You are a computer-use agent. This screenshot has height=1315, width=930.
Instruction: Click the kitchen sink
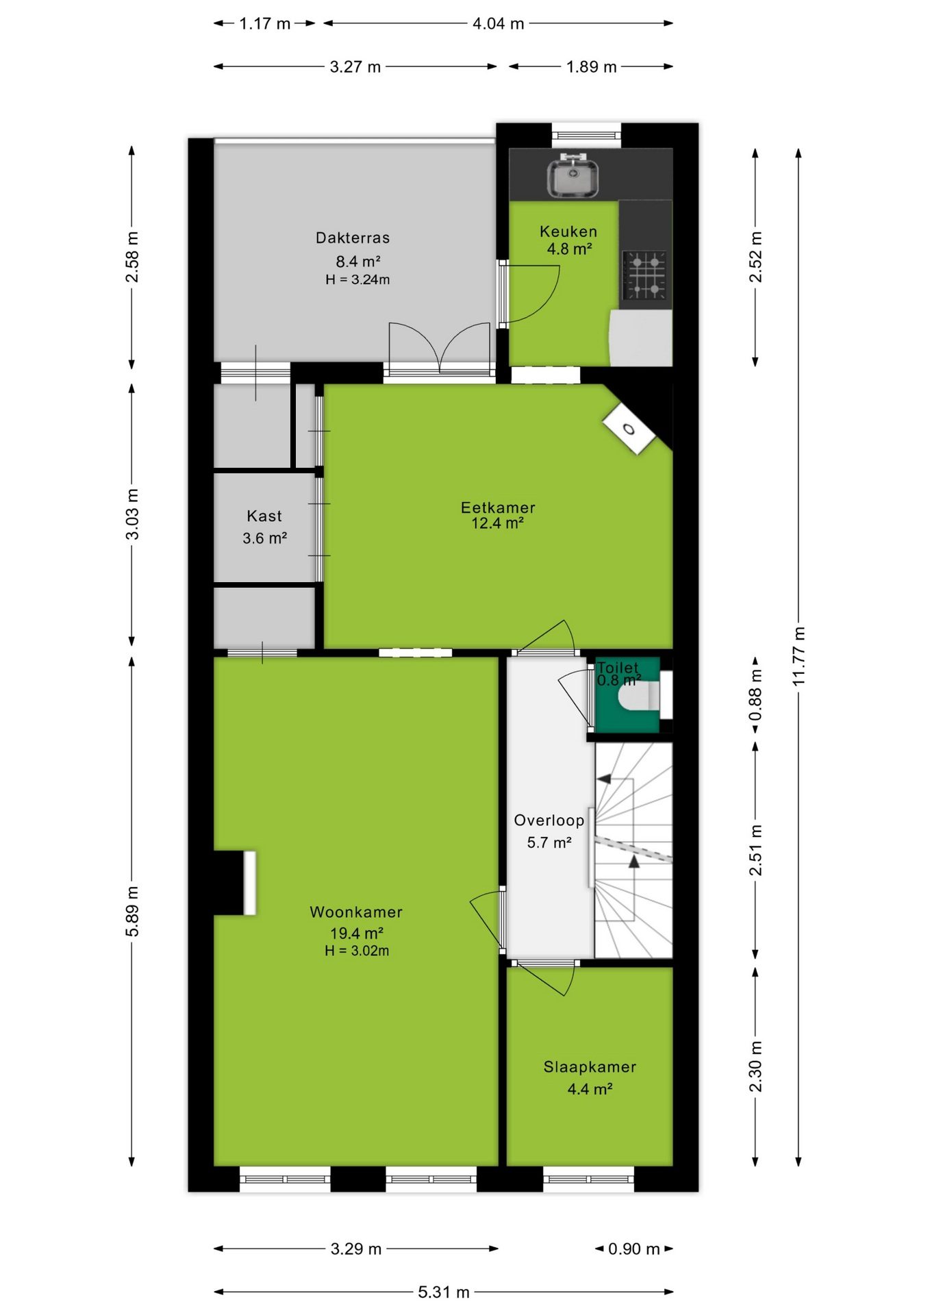pyautogui.click(x=573, y=176)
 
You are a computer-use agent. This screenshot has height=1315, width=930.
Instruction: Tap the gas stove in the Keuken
pyautogui.click(x=644, y=275)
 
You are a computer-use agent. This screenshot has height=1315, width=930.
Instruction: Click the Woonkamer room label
pyautogui.click(x=356, y=912)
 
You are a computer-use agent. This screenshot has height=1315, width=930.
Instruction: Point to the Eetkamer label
pyautogui.click(x=498, y=508)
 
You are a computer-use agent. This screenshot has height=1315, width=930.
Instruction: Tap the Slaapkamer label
pyautogui.click(x=590, y=1066)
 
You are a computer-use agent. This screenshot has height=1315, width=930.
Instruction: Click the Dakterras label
pyautogui.click(x=353, y=238)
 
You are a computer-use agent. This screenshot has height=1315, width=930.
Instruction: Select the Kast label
pyautogui.click(x=264, y=516)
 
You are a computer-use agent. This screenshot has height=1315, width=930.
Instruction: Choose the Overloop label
pyautogui.click(x=549, y=820)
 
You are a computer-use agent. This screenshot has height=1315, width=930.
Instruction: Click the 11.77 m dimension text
pyautogui.click(x=799, y=656)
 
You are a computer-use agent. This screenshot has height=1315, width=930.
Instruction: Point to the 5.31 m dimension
pyautogui.click(x=444, y=1292)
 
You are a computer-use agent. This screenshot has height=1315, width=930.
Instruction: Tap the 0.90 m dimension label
pyautogui.click(x=634, y=1249)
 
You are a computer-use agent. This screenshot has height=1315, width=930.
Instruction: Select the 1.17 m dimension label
pyautogui.click(x=265, y=23)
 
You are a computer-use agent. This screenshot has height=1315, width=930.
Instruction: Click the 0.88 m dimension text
pyautogui.click(x=755, y=694)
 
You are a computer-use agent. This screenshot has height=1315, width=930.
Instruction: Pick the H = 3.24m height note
pyautogui.click(x=357, y=279)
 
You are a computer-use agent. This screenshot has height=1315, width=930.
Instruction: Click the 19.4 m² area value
pyautogui.click(x=356, y=933)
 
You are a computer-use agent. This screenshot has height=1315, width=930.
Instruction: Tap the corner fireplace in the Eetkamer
pyautogui.click(x=629, y=429)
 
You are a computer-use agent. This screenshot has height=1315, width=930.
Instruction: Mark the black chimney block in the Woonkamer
pyautogui.click(x=229, y=883)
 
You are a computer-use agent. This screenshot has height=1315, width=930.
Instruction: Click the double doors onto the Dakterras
pyautogui.click(x=440, y=348)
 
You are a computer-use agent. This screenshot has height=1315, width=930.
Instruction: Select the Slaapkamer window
pyautogui.click(x=589, y=1179)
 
